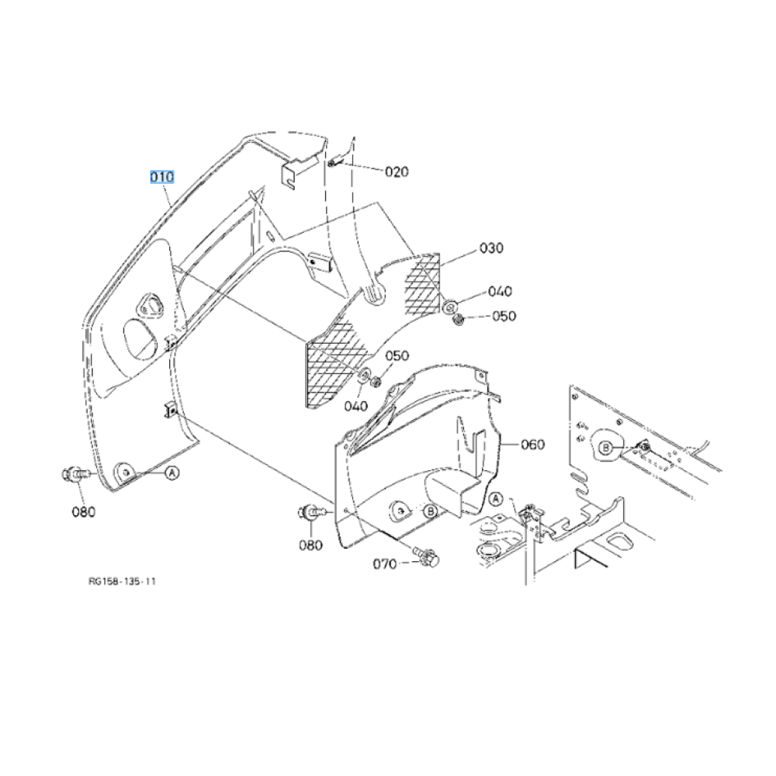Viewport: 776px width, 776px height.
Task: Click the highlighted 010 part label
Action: click(x=162, y=177)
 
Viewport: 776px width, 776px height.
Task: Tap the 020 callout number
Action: click(x=397, y=171)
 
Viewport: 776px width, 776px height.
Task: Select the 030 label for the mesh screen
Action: click(x=490, y=248)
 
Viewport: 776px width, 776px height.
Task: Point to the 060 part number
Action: click(x=532, y=445)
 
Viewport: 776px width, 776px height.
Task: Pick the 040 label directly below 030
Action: click(x=500, y=292)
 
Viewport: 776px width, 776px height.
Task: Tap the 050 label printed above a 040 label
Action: click(x=397, y=355)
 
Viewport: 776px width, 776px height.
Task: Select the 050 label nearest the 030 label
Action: click(x=504, y=317)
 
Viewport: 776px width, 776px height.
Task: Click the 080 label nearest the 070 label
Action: click(x=310, y=545)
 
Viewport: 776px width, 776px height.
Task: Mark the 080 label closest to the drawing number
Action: click(x=84, y=511)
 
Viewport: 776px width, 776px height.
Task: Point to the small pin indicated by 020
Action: click(x=332, y=163)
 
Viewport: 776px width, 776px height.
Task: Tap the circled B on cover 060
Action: click(x=429, y=511)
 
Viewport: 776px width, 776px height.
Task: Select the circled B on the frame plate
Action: click(x=607, y=447)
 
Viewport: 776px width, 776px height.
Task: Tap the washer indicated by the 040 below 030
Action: click(x=451, y=303)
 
